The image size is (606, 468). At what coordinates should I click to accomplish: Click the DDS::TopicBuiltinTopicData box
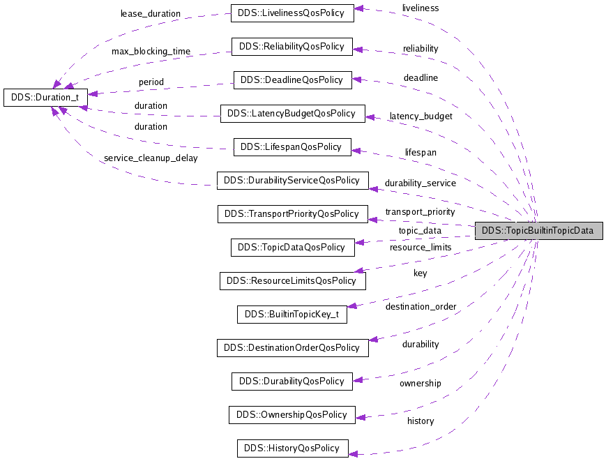click(538, 231)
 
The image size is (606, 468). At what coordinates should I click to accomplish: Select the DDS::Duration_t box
click(46, 97)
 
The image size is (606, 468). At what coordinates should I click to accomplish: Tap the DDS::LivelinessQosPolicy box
click(291, 13)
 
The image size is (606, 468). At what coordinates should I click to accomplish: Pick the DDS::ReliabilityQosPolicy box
click(291, 46)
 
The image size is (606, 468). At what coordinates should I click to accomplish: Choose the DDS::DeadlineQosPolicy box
click(292, 80)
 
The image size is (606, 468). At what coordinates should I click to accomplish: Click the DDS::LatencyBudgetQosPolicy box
click(292, 113)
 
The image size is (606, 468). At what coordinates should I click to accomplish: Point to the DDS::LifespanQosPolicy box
click(291, 146)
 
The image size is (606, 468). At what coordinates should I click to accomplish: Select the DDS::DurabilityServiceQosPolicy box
click(292, 180)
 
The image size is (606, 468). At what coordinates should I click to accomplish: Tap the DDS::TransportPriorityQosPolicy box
click(292, 213)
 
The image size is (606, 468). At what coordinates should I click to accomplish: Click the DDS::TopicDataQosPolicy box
click(291, 247)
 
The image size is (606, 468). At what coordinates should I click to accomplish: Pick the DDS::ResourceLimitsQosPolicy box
click(292, 280)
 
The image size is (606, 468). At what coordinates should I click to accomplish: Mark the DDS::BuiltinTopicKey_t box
click(291, 314)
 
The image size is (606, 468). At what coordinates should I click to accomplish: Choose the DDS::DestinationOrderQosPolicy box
click(292, 347)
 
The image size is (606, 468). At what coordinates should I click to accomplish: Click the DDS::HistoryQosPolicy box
click(291, 448)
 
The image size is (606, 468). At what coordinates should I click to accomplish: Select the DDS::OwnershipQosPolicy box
click(291, 414)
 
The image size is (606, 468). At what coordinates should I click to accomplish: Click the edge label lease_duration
click(150, 13)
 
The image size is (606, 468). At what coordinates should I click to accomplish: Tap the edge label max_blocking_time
click(151, 52)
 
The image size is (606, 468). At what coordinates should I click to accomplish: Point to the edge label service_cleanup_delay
click(151, 158)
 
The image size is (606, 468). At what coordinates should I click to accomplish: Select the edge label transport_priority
click(420, 211)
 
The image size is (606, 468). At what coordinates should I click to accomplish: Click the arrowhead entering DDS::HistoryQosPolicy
click(353, 454)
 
